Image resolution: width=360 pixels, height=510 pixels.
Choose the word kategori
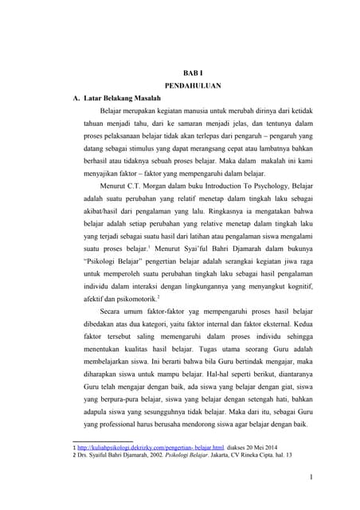click(x=178, y=325)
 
